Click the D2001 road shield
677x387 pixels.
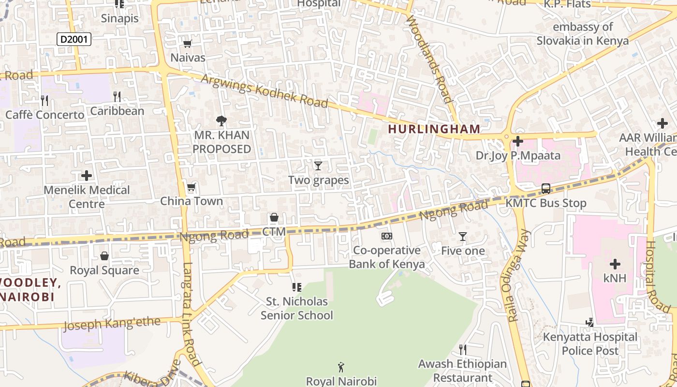(x=74, y=39)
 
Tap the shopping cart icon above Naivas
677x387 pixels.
(x=188, y=44)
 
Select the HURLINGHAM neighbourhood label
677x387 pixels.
(x=434, y=129)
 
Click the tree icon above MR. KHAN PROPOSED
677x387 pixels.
(x=221, y=121)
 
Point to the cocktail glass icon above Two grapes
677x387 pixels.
(x=318, y=166)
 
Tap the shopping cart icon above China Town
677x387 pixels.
(x=191, y=187)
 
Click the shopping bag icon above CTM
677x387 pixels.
(x=274, y=217)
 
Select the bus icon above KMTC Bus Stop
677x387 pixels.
(x=545, y=189)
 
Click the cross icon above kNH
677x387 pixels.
(x=615, y=264)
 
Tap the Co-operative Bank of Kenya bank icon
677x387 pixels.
(x=386, y=236)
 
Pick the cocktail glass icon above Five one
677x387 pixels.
(x=463, y=237)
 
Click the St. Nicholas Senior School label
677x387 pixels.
(x=297, y=308)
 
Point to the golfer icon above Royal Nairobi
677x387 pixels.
(x=341, y=367)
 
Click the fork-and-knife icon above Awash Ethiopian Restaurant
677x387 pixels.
(x=463, y=349)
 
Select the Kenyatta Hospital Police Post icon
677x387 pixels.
(x=589, y=322)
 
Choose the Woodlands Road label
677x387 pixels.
(x=430, y=58)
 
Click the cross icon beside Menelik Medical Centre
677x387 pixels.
(x=87, y=175)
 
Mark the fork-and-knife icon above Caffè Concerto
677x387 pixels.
(x=44, y=101)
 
